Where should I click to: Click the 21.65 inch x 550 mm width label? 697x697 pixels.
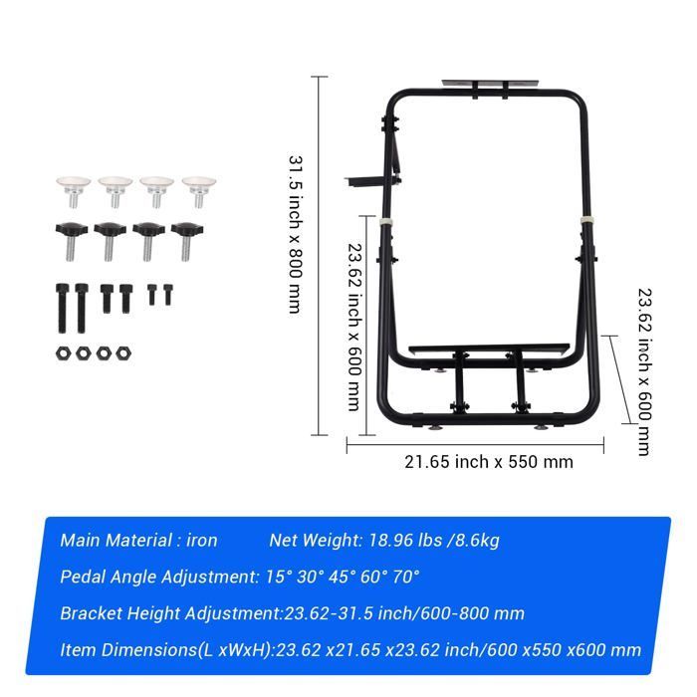[489, 462]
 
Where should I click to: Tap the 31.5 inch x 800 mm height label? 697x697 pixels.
[296, 234]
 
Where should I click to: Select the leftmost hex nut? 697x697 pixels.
[64, 353]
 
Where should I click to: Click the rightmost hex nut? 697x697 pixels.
[123, 353]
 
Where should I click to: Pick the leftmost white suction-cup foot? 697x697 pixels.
[74, 191]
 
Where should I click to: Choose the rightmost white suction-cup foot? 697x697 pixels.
[199, 191]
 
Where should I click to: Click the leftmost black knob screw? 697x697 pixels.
[70, 241]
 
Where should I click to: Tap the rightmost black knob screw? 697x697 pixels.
[186, 241]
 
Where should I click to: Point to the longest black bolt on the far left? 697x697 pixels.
[62, 308]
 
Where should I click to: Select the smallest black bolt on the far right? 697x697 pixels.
[167, 295]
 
